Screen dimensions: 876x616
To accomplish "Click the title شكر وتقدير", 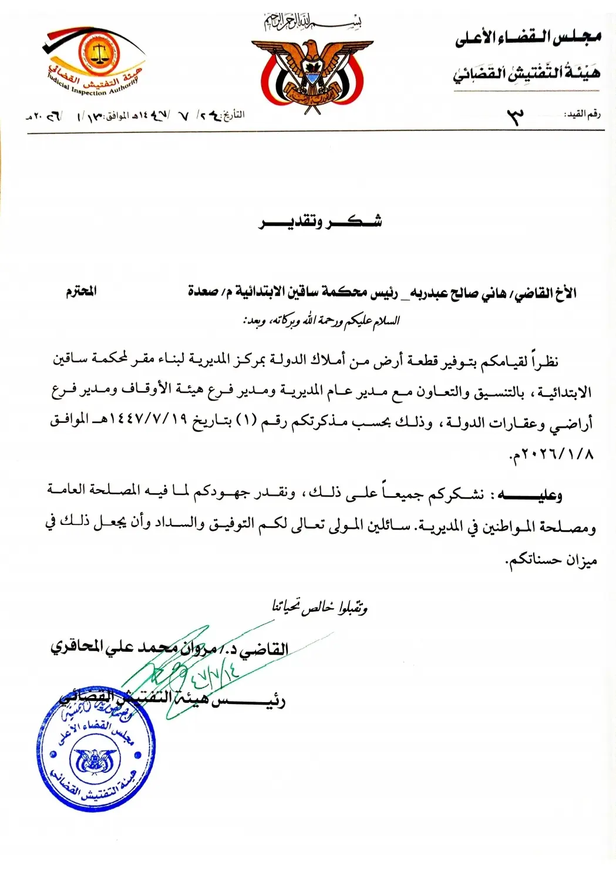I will (320, 222).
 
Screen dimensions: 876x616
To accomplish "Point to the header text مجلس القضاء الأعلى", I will (527, 39).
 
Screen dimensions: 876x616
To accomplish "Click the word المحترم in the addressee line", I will (81, 291).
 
